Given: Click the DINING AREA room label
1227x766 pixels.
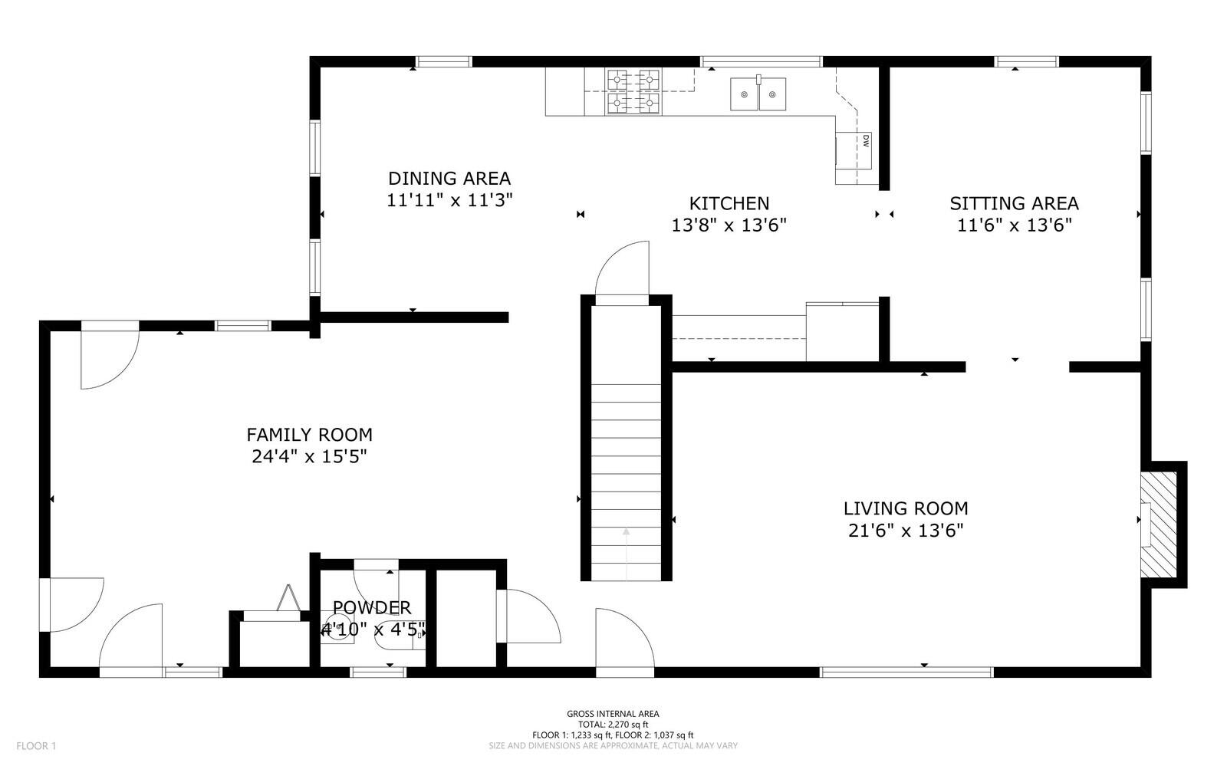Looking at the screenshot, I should [449, 179].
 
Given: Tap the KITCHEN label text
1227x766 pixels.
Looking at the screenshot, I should [729, 203].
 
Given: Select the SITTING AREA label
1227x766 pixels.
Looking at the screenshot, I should [1014, 203].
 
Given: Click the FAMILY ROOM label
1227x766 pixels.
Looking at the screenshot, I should [309, 435].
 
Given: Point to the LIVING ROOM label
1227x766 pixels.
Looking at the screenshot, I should [906, 508].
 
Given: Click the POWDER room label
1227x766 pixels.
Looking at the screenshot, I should [372, 608].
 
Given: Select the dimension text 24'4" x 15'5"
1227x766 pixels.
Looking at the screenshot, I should [309, 457].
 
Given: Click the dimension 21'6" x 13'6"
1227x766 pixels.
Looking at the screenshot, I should [906, 531].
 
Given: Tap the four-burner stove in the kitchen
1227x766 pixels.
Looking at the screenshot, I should [633, 91].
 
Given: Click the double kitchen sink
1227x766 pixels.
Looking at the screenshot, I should [758, 94].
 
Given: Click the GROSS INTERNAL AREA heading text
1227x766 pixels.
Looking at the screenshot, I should [613, 714].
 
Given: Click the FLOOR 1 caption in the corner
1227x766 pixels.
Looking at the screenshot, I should [36, 746].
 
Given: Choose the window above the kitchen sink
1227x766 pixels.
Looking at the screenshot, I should [761, 61].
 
